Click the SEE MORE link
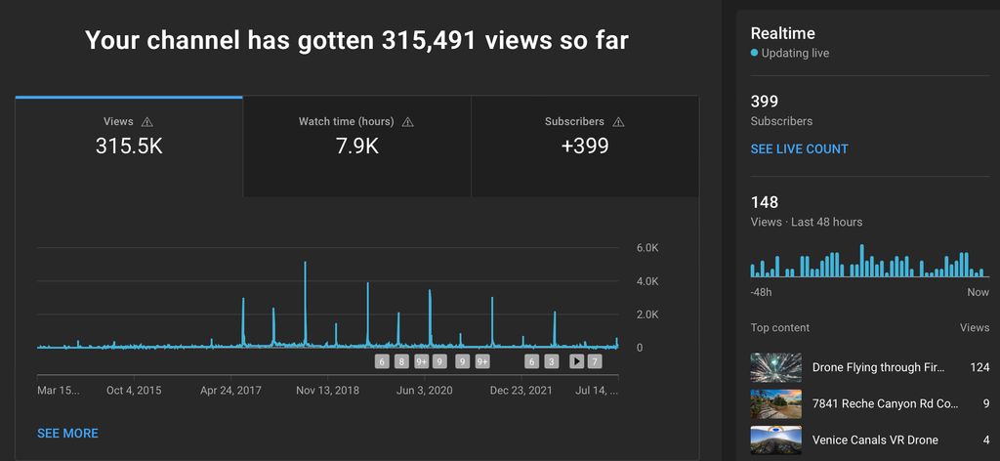click(67, 433)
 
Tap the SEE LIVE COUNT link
click(799, 149)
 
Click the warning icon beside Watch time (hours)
click(408, 122)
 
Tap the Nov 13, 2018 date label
click(328, 390)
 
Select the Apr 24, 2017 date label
click(230, 390)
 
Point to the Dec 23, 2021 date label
click(521, 390)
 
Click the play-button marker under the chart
click(576, 361)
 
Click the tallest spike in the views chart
click(305, 264)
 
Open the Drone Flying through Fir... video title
click(879, 368)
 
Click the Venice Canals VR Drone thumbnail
click(775, 440)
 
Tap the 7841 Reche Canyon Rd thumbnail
click(775, 403)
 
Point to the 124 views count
click(979, 368)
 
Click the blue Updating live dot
click(754, 53)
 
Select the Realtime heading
click(782, 33)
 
